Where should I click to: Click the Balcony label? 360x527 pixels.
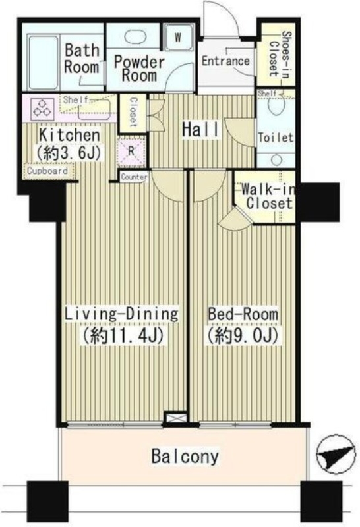tap(185, 457)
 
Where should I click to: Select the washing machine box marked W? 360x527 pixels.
tap(178, 38)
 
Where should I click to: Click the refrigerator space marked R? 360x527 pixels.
tap(132, 152)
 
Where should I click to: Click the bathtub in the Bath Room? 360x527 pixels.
tap(43, 62)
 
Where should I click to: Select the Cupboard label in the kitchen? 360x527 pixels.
tap(47, 171)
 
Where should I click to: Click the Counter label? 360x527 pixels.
tap(134, 177)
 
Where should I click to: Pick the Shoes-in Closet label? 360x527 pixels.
tap(280, 54)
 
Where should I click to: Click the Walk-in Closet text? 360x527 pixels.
tap(268, 196)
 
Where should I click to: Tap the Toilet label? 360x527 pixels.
tap(276, 138)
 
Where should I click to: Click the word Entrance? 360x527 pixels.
tap(225, 61)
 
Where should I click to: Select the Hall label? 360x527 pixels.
tap(200, 129)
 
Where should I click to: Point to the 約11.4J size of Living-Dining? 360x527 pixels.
tap(123, 335)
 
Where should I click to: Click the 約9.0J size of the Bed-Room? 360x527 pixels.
tap(243, 335)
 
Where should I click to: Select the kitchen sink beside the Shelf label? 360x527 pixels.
tap(94, 110)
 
